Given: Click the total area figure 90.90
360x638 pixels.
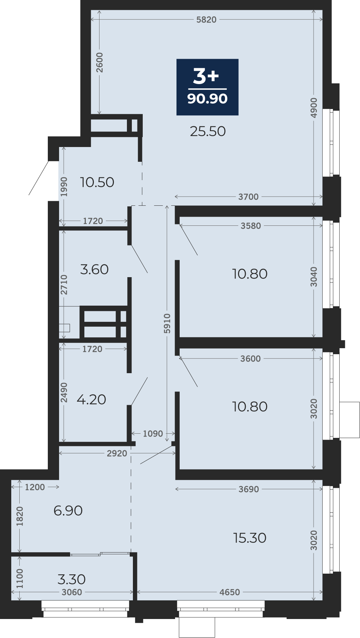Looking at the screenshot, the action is (x=207, y=98).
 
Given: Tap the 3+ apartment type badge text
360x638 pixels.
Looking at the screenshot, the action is (x=206, y=76).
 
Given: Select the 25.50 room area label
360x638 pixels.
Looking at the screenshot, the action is (x=208, y=131).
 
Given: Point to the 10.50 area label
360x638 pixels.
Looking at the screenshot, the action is (x=97, y=182).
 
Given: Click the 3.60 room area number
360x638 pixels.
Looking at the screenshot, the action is (x=94, y=269).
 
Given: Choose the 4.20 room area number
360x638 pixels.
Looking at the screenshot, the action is (x=91, y=400).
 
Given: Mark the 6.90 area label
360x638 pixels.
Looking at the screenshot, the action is (x=68, y=511).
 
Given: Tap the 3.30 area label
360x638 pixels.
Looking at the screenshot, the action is (x=72, y=579).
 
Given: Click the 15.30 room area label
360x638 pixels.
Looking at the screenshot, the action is (x=250, y=538).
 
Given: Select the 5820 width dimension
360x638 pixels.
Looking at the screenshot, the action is (x=206, y=20).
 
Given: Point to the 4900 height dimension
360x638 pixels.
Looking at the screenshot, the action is (x=314, y=108).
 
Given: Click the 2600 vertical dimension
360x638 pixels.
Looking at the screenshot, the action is (x=100, y=62).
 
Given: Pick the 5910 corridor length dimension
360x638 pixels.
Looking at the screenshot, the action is (x=167, y=324).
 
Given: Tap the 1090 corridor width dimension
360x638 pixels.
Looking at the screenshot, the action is (x=153, y=434).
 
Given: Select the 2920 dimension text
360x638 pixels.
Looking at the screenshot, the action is (x=117, y=453).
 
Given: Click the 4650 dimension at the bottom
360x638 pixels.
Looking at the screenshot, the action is (x=230, y=592).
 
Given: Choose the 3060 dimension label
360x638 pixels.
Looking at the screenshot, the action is (x=72, y=592).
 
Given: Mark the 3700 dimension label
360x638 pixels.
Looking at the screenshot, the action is (x=249, y=197).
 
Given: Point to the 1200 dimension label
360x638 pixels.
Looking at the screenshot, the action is (x=35, y=487).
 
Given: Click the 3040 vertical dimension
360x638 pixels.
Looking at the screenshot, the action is (x=314, y=277).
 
